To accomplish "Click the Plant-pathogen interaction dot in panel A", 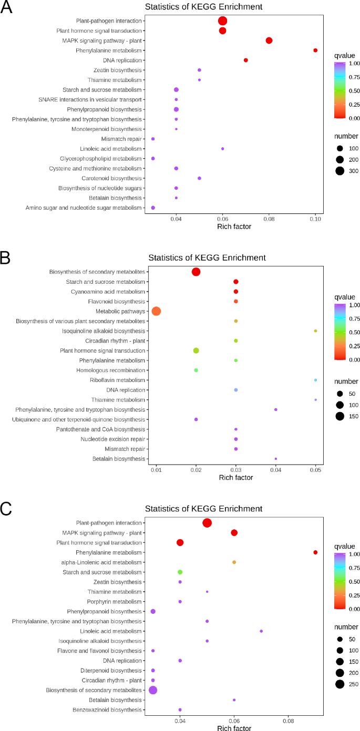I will point(222,21).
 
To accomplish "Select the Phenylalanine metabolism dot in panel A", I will point(315,50).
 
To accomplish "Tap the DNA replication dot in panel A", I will point(246,60).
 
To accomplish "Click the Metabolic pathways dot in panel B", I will point(156,311).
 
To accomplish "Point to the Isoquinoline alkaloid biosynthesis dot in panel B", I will point(315,331).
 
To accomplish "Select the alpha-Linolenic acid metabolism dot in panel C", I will point(234,562).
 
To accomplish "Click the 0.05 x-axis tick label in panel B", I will point(315,470).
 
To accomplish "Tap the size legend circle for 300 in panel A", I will point(340,170).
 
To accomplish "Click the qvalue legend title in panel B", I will point(345,297).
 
